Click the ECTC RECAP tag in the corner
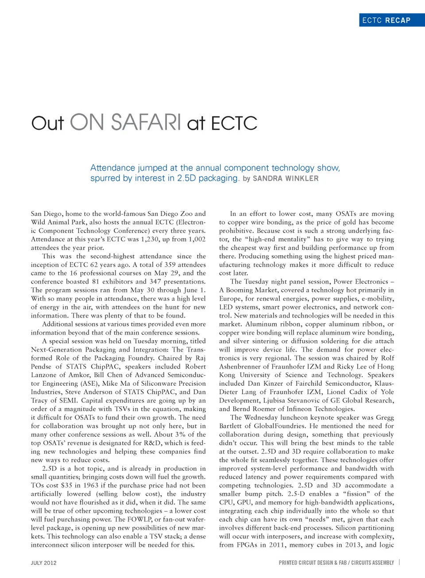(386, 20)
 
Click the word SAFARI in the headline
(146, 123)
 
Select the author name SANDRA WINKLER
(286, 178)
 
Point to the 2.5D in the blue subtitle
(186, 178)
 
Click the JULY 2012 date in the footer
(43, 563)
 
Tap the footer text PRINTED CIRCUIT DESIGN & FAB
(313, 563)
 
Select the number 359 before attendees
(170, 265)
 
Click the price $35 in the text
(68, 485)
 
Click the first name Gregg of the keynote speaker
(385, 418)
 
